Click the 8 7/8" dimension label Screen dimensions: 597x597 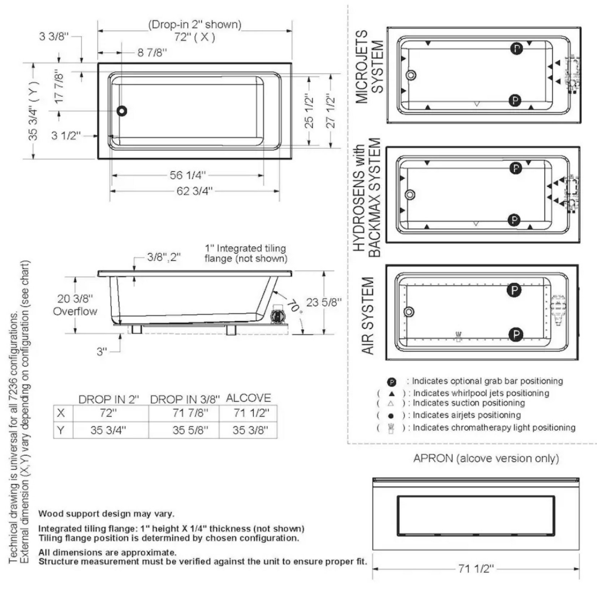[x=152, y=53]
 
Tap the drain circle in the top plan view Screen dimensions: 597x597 [x=122, y=111]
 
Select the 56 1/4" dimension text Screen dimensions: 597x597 [x=188, y=175]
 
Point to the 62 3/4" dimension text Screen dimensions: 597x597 [x=194, y=191]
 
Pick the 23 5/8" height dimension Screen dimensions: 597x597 [x=323, y=302]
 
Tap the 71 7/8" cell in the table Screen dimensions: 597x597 [x=190, y=413]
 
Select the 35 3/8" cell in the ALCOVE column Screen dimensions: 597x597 [x=250, y=430]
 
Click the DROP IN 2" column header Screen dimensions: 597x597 [x=108, y=399]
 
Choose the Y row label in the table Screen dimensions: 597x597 [x=61, y=430]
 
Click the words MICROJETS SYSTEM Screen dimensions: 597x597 [x=369, y=67]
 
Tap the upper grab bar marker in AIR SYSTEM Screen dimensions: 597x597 [x=514, y=290]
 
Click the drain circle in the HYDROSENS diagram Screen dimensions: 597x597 [x=409, y=195]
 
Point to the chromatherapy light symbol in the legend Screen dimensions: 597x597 [x=390, y=429]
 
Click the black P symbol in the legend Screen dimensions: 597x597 [x=391, y=382]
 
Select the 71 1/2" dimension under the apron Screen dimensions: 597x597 [x=476, y=569]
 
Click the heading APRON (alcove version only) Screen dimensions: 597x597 [x=486, y=458]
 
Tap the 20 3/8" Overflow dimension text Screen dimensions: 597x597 [x=75, y=305]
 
